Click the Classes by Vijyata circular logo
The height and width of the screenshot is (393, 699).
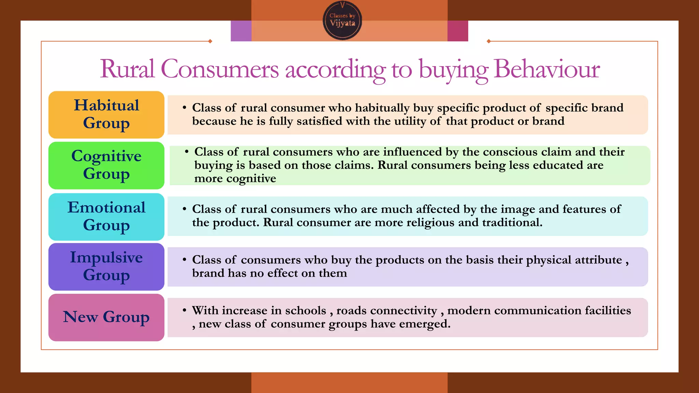pyautogui.click(x=342, y=20)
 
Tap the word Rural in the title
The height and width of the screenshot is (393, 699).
pyautogui.click(x=127, y=69)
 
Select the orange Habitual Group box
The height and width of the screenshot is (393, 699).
pyautogui.click(x=106, y=115)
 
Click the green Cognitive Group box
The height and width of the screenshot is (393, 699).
pyautogui.click(x=106, y=165)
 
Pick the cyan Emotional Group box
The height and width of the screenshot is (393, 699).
pyautogui.click(x=106, y=217)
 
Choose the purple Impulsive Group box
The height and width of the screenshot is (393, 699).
pyautogui.click(x=106, y=267)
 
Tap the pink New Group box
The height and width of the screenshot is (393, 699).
pyautogui.click(x=106, y=317)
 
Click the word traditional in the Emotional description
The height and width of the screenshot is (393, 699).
pyautogui.click(x=512, y=222)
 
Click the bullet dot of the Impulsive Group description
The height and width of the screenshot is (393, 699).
pyautogui.click(x=184, y=260)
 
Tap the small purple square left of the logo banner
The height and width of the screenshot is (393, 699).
pyautogui.click(x=241, y=31)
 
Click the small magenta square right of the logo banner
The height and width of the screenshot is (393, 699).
pyautogui.click(x=458, y=31)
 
